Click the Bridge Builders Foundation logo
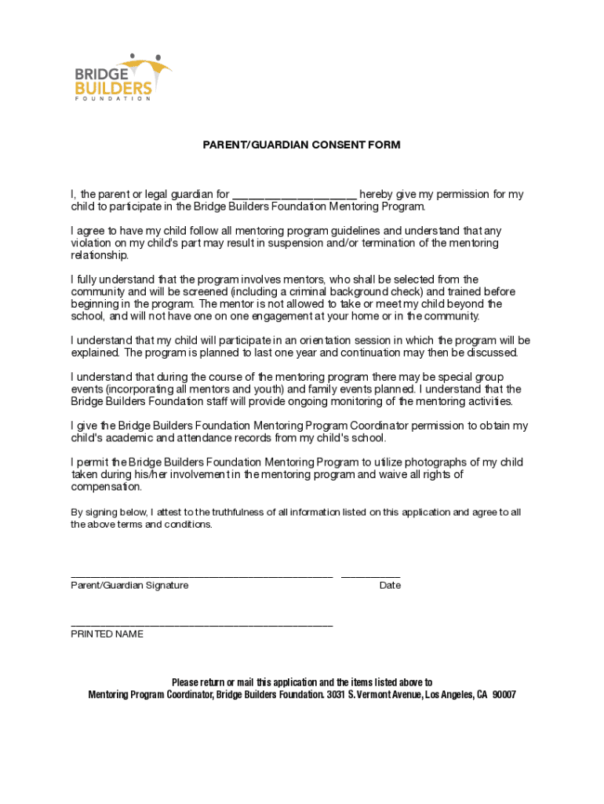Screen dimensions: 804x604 click(x=122, y=76)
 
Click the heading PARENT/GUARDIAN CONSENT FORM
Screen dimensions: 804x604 click(x=301, y=145)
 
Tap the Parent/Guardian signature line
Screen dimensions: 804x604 click(x=202, y=576)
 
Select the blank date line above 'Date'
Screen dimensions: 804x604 click(x=370, y=576)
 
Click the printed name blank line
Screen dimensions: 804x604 click(x=202, y=625)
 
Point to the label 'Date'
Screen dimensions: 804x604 click(x=390, y=586)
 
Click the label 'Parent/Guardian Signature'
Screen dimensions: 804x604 click(x=129, y=586)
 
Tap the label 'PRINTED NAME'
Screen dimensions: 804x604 click(x=107, y=634)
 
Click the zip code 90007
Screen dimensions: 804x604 click(x=504, y=695)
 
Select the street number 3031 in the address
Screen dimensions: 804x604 click(x=337, y=695)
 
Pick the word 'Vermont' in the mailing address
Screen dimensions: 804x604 click(x=380, y=695)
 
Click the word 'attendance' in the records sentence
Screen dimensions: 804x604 click(x=198, y=438)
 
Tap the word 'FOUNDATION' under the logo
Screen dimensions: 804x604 click(x=113, y=99)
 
